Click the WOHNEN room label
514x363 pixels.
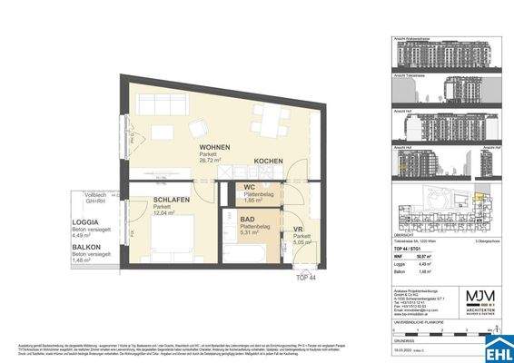click(214, 146)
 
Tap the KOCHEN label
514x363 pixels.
click(268, 161)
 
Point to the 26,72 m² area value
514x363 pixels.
click(213, 162)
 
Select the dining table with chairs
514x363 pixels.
click(266, 119)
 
